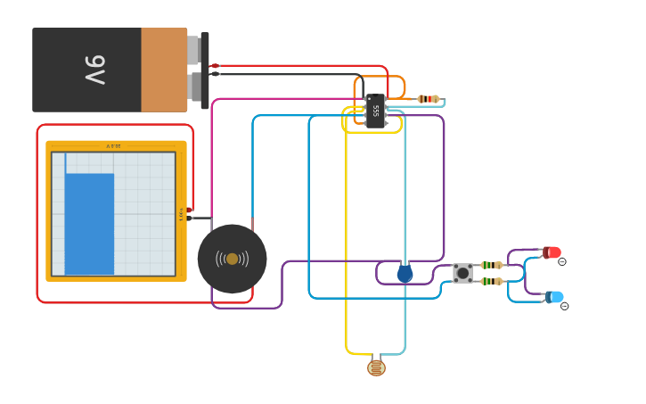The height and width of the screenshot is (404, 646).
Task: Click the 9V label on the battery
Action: [x=95, y=70]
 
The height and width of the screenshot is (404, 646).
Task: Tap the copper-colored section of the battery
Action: [x=164, y=70]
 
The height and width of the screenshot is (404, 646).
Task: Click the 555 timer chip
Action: [x=375, y=111]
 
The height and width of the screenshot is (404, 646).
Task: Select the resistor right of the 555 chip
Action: [x=429, y=99]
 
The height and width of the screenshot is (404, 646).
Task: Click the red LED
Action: [x=552, y=252]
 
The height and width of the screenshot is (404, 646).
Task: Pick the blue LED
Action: [x=554, y=296]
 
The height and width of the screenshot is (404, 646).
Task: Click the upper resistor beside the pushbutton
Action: [x=491, y=265]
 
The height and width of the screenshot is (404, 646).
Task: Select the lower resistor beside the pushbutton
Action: [x=491, y=281]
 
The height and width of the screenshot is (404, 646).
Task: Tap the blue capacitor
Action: [x=405, y=273]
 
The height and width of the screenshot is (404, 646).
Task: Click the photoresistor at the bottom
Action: [x=376, y=367]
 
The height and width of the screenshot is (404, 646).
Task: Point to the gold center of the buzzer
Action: [x=232, y=259]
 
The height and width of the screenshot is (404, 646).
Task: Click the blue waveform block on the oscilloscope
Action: [x=89, y=223]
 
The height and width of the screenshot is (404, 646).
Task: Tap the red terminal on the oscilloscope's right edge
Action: [x=190, y=210]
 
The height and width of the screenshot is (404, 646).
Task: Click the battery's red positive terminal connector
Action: [x=214, y=66]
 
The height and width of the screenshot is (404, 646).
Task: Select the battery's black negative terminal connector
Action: [x=214, y=74]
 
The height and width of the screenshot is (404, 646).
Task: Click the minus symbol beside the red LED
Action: [x=562, y=261]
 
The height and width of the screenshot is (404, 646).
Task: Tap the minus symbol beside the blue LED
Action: [x=564, y=306]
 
